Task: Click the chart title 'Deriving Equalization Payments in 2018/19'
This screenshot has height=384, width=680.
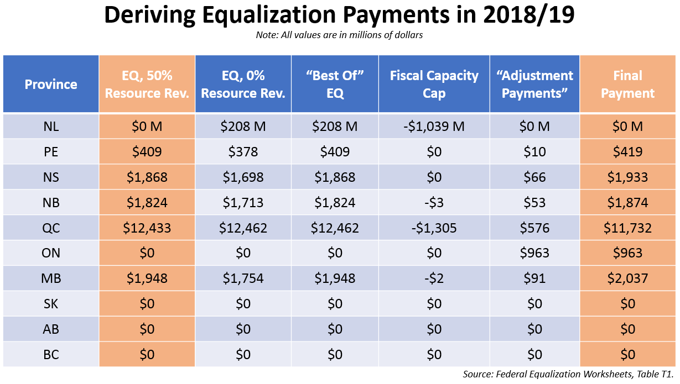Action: [x=339, y=16]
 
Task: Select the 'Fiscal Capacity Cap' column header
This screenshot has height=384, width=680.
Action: [x=434, y=85]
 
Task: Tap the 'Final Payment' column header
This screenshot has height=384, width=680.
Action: [x=627, y=85]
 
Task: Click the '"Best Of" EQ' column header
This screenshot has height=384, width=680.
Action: [x=335, y=85]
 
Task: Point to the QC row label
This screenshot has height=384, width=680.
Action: [x=51, y=228]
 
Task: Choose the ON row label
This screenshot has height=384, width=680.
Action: [x=51, y=253]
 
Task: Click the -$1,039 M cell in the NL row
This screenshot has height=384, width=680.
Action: [x=434, y=127]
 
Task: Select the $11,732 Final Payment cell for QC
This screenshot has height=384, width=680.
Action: [x=627, y=228]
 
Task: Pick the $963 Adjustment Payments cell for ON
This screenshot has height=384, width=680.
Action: [x=534, y=253]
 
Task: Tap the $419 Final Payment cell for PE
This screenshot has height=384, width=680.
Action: [x=627, y=152]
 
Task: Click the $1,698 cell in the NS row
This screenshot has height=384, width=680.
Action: [x=243, y=177]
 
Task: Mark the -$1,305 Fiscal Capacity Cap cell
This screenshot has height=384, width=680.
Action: [x=434, y=228]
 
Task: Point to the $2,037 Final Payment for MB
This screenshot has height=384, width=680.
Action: [x=627, y=278]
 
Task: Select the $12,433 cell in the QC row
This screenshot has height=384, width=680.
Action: [x=147, y=228]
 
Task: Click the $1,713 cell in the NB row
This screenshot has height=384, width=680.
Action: [x=243, y=202]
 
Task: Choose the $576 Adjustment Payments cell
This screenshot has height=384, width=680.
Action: [x=534, y=228]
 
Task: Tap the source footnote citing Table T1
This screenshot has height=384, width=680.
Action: [x=569, y=375]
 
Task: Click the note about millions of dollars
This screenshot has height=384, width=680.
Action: [x=339, y=35]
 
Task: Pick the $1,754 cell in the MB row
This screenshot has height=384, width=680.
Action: [x=243, y=278]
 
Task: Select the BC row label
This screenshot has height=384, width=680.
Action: [x=51, y=354]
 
